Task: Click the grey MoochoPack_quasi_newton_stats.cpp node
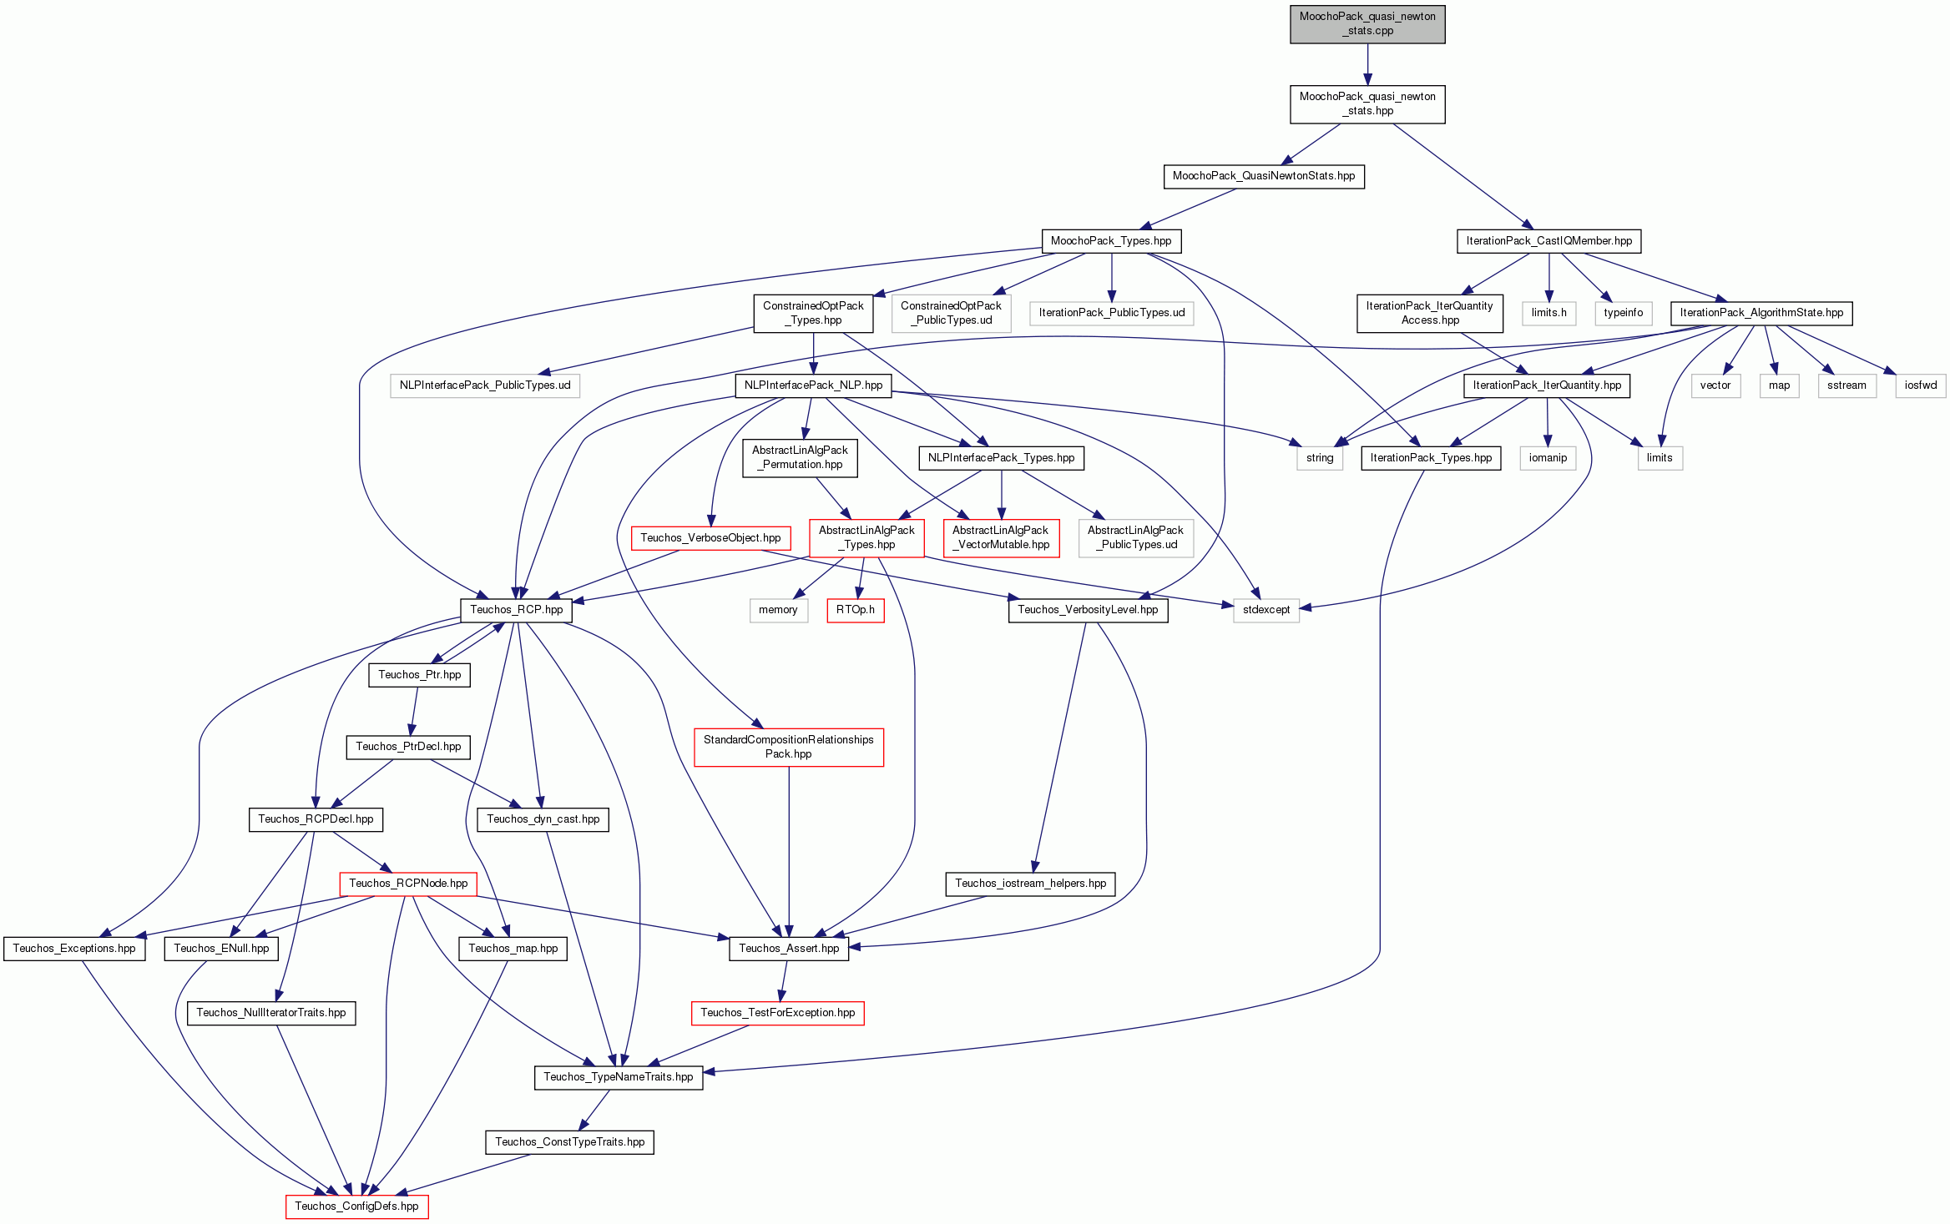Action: coord(1367,23)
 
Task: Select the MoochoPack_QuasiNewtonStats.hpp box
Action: coord(1264,176)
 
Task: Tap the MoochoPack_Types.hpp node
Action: coord(1111,241)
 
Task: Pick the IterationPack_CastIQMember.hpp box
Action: coord(1549,241)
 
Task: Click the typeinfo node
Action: coord(1624,313)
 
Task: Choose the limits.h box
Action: coord(1549,313)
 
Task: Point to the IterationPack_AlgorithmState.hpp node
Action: coord(1761,313)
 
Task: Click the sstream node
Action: coord(1846,385)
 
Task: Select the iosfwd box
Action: coord(1921,385)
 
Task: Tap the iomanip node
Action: coord(1548,458)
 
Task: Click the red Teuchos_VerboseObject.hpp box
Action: coord(710,538)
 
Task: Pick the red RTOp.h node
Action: coord(856,610)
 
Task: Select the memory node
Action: coord(778,610)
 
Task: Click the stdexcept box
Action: coord(1266,610)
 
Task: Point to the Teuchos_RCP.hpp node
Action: coord(516,610)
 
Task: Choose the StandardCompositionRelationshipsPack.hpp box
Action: coord(789,747)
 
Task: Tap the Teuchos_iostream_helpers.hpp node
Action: coord(1030,884)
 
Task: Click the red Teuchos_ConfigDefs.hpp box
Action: coord(356,1206)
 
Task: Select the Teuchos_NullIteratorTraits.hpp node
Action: coord(271,1013)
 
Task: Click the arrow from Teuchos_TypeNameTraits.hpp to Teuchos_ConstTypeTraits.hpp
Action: coord(596,1110)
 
